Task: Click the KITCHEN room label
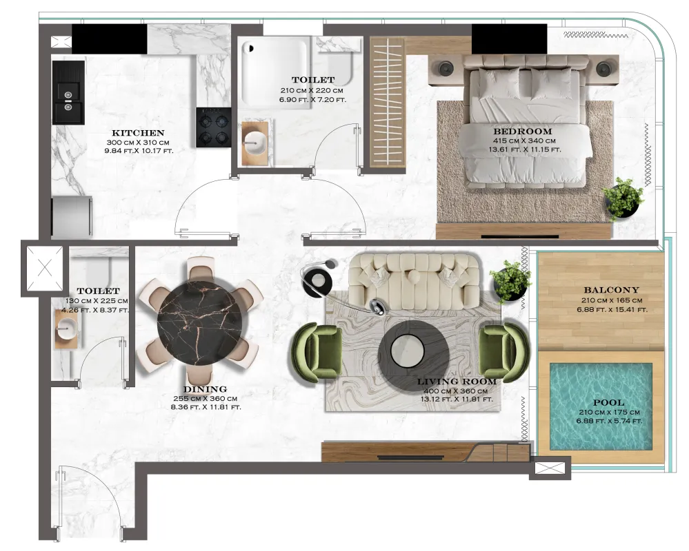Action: point(138,133)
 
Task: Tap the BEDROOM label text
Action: point(523,131)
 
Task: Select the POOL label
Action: point(608,402)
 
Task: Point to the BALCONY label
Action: point(611,290)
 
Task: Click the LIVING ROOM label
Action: point(457,382)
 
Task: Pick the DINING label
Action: point(205,389)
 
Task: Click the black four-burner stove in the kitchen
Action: point(214,127)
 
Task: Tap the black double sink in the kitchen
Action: point(68,92)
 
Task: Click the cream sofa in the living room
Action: point(415,282)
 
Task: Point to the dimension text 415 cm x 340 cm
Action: point(523,141)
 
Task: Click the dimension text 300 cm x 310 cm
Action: point(137,143)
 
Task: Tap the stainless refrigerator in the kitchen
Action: point(72,218)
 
